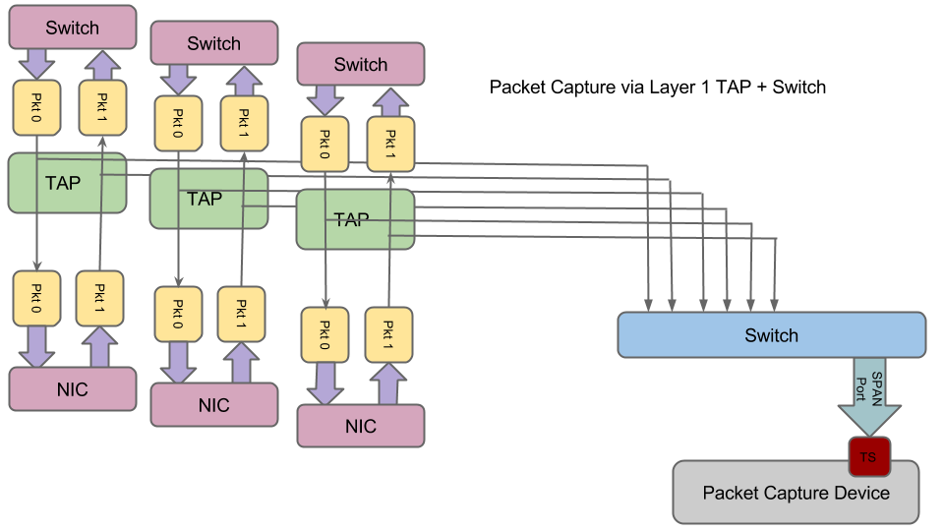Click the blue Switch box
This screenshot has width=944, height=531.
[x=771, y=335]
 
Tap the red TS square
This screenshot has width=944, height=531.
[x=868, y=457]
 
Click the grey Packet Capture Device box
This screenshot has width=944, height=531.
[x=796, y=493]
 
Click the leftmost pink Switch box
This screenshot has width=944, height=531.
[x=73, y=28]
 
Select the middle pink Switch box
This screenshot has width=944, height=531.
[x=213, y=43]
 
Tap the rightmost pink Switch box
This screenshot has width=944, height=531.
[x=361, y=65]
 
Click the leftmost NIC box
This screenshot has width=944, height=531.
[x=73, y=389]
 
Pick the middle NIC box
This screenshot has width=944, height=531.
[x=213, y=405]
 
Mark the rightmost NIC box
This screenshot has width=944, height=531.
[x=361, y=426]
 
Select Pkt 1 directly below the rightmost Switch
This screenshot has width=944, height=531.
[x=390, y=144]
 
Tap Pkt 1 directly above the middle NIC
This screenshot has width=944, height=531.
[x=241, y=314]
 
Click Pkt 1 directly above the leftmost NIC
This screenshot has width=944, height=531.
[x=100, y=298]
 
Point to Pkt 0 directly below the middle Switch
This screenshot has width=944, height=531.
[x=178, y=123]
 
